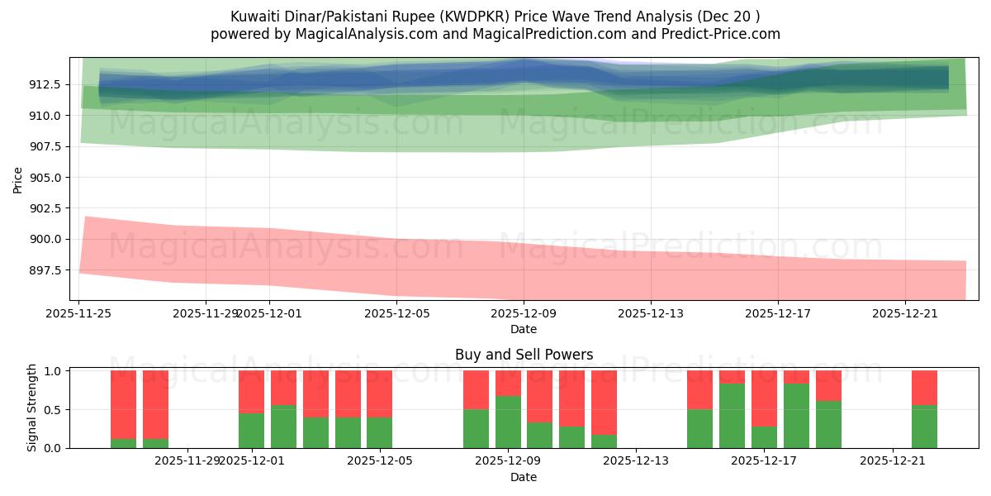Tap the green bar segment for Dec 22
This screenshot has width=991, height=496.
point(924,427)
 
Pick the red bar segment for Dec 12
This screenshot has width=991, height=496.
point(604,402)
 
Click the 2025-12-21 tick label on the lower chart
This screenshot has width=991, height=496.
point(894,461)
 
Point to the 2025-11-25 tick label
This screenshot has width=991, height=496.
point(78,313)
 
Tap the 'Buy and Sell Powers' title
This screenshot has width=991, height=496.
point(524,355)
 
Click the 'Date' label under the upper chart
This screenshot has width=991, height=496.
point(524,329)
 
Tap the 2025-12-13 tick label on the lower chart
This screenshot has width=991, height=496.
point(637,461)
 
